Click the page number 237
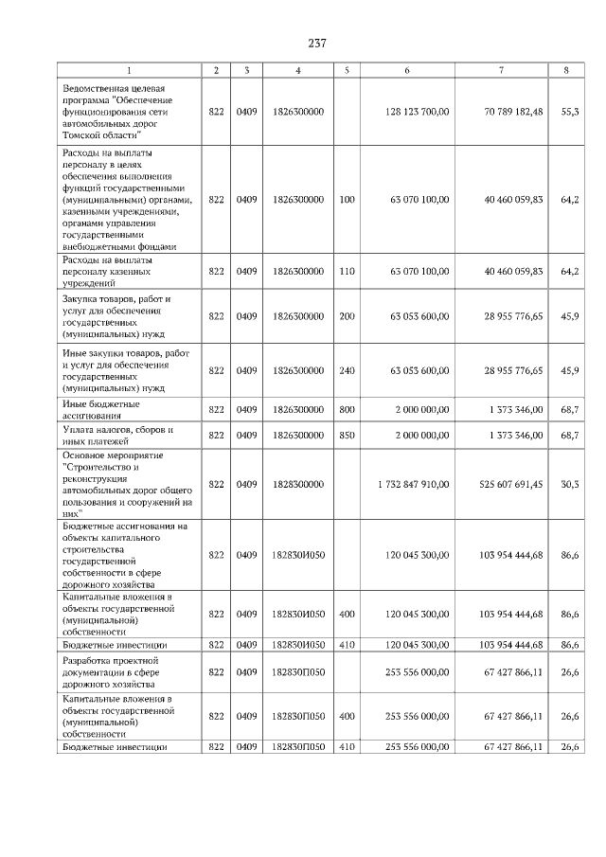(316, 44)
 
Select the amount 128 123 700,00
(418, 112)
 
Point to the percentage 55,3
(570, 112)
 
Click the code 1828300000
(298, 484)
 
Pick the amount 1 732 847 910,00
(413, 484)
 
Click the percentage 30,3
(570, 484)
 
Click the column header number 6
(407, 70)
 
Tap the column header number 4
(298, 70)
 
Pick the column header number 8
(566, 70)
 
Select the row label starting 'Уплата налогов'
(104, 435)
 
